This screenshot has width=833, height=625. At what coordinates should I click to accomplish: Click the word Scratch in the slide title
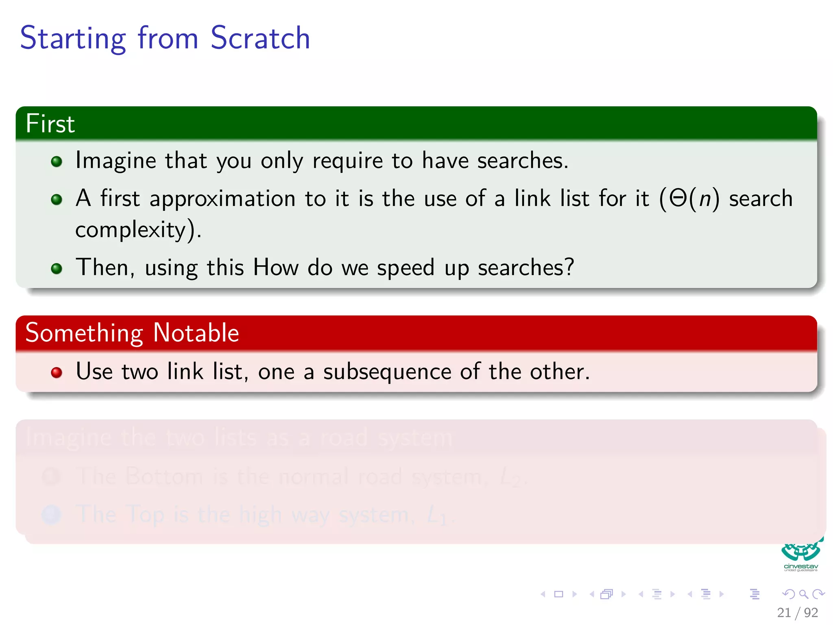tap(260, 38)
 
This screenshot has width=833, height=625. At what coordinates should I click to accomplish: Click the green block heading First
tap(50, 124)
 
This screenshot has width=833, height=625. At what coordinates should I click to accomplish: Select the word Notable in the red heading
tap(196, 333)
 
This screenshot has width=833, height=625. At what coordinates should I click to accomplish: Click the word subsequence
tap(387, 372)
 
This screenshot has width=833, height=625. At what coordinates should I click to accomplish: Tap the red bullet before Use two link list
tap(57, 373)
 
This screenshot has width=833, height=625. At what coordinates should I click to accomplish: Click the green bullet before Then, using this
tap(57, 269)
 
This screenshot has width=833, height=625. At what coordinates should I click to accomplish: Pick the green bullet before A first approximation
tap(57, 199)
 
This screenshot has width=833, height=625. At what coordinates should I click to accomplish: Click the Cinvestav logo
tap(800, 555)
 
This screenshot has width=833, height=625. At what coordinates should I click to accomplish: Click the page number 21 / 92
tap(797, 612)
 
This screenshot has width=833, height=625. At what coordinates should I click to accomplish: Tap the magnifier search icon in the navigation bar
tap(803, 594)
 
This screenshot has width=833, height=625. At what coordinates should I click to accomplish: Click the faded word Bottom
tap(164, 476)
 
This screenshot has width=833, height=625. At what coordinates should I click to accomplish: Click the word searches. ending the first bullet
tap(523, 161)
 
